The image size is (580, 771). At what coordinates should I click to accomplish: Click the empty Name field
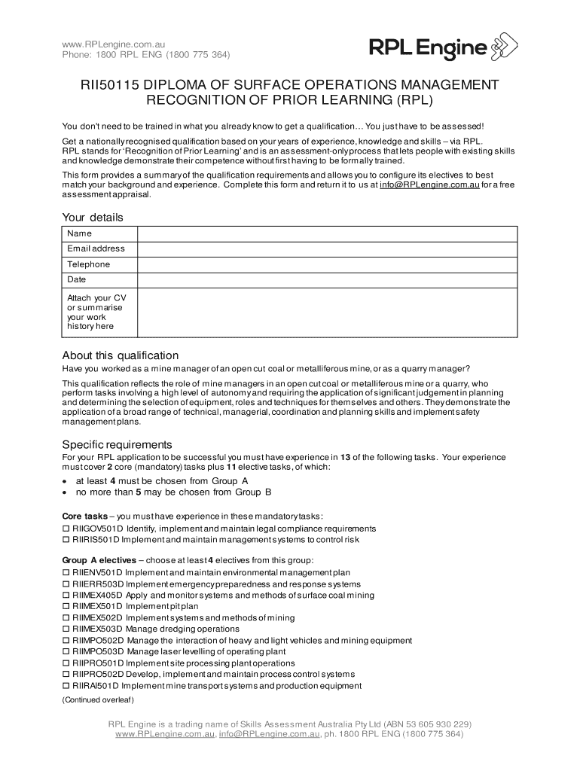[326, 233]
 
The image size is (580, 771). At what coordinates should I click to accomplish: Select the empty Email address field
[326, 249]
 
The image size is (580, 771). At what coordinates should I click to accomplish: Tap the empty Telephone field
[326, 265]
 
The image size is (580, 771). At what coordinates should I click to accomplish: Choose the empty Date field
[326, 280]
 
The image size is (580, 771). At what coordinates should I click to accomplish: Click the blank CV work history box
[326, 312]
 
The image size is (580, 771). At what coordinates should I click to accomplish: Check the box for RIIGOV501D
[65, 529]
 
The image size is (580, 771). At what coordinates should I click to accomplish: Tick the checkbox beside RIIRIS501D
[65, 540]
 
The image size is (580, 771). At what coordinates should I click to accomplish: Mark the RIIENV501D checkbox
[65, 573]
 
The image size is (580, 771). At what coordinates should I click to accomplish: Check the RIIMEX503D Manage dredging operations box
[65, 629]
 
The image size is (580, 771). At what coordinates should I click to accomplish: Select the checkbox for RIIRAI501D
[65, 686]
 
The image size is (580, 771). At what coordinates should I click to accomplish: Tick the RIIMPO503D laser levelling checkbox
[65, 652]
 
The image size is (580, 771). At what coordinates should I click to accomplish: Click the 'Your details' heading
[92, 218]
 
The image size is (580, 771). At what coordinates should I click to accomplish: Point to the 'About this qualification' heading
[120, 355]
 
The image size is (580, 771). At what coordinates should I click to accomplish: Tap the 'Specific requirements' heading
[117, 444]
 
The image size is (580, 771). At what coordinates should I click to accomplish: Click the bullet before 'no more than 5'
[65, 492]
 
